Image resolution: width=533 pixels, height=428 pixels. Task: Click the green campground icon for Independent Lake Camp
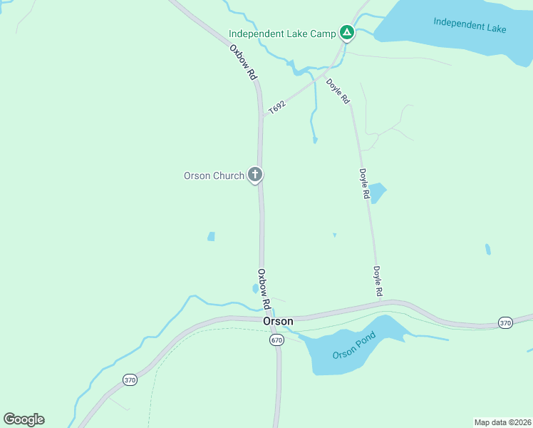click(346, 32)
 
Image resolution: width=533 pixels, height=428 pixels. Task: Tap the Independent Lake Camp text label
click(283, 34)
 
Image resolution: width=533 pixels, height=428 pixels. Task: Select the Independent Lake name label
click(470, 25)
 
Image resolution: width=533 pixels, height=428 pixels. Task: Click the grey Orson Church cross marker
click(255, 175)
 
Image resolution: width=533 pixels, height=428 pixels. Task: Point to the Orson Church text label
click(214, 175)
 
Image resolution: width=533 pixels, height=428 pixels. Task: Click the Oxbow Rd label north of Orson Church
click(242, 62)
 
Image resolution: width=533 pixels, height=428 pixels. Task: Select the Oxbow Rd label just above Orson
click(264, 288)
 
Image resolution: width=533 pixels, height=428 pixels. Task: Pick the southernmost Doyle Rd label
click(378, 281)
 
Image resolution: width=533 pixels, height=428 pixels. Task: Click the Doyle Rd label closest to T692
click(338, 91)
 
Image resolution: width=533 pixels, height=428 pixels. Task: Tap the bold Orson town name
click(278, 322)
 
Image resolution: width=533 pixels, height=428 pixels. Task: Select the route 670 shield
click(276, 340)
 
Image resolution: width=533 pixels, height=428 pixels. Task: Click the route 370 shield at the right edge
click(505, 322)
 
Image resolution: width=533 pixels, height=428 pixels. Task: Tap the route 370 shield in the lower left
click(129, 379)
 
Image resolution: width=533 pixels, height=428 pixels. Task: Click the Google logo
click(24, 419)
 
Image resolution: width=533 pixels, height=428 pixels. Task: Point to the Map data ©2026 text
click(502, 422)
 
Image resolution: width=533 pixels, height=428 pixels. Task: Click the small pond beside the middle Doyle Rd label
click(377, 192)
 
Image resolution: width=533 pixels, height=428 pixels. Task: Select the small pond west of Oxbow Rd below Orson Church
click(211, 236)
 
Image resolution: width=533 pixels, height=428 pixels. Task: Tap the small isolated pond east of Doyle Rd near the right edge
click(487, 249)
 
